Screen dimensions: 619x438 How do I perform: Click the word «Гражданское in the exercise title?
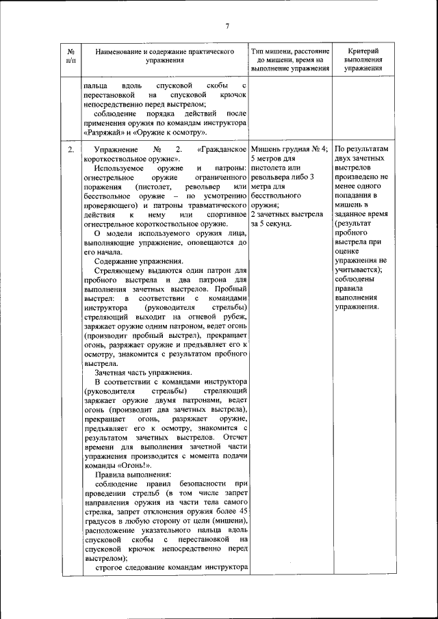[x=221, y=150]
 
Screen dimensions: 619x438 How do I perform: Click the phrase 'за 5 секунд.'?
[x=272, y=224]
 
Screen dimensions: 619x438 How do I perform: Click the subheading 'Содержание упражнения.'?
[x=138, y=261]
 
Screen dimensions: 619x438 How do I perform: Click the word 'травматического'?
[x=216, y=205]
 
